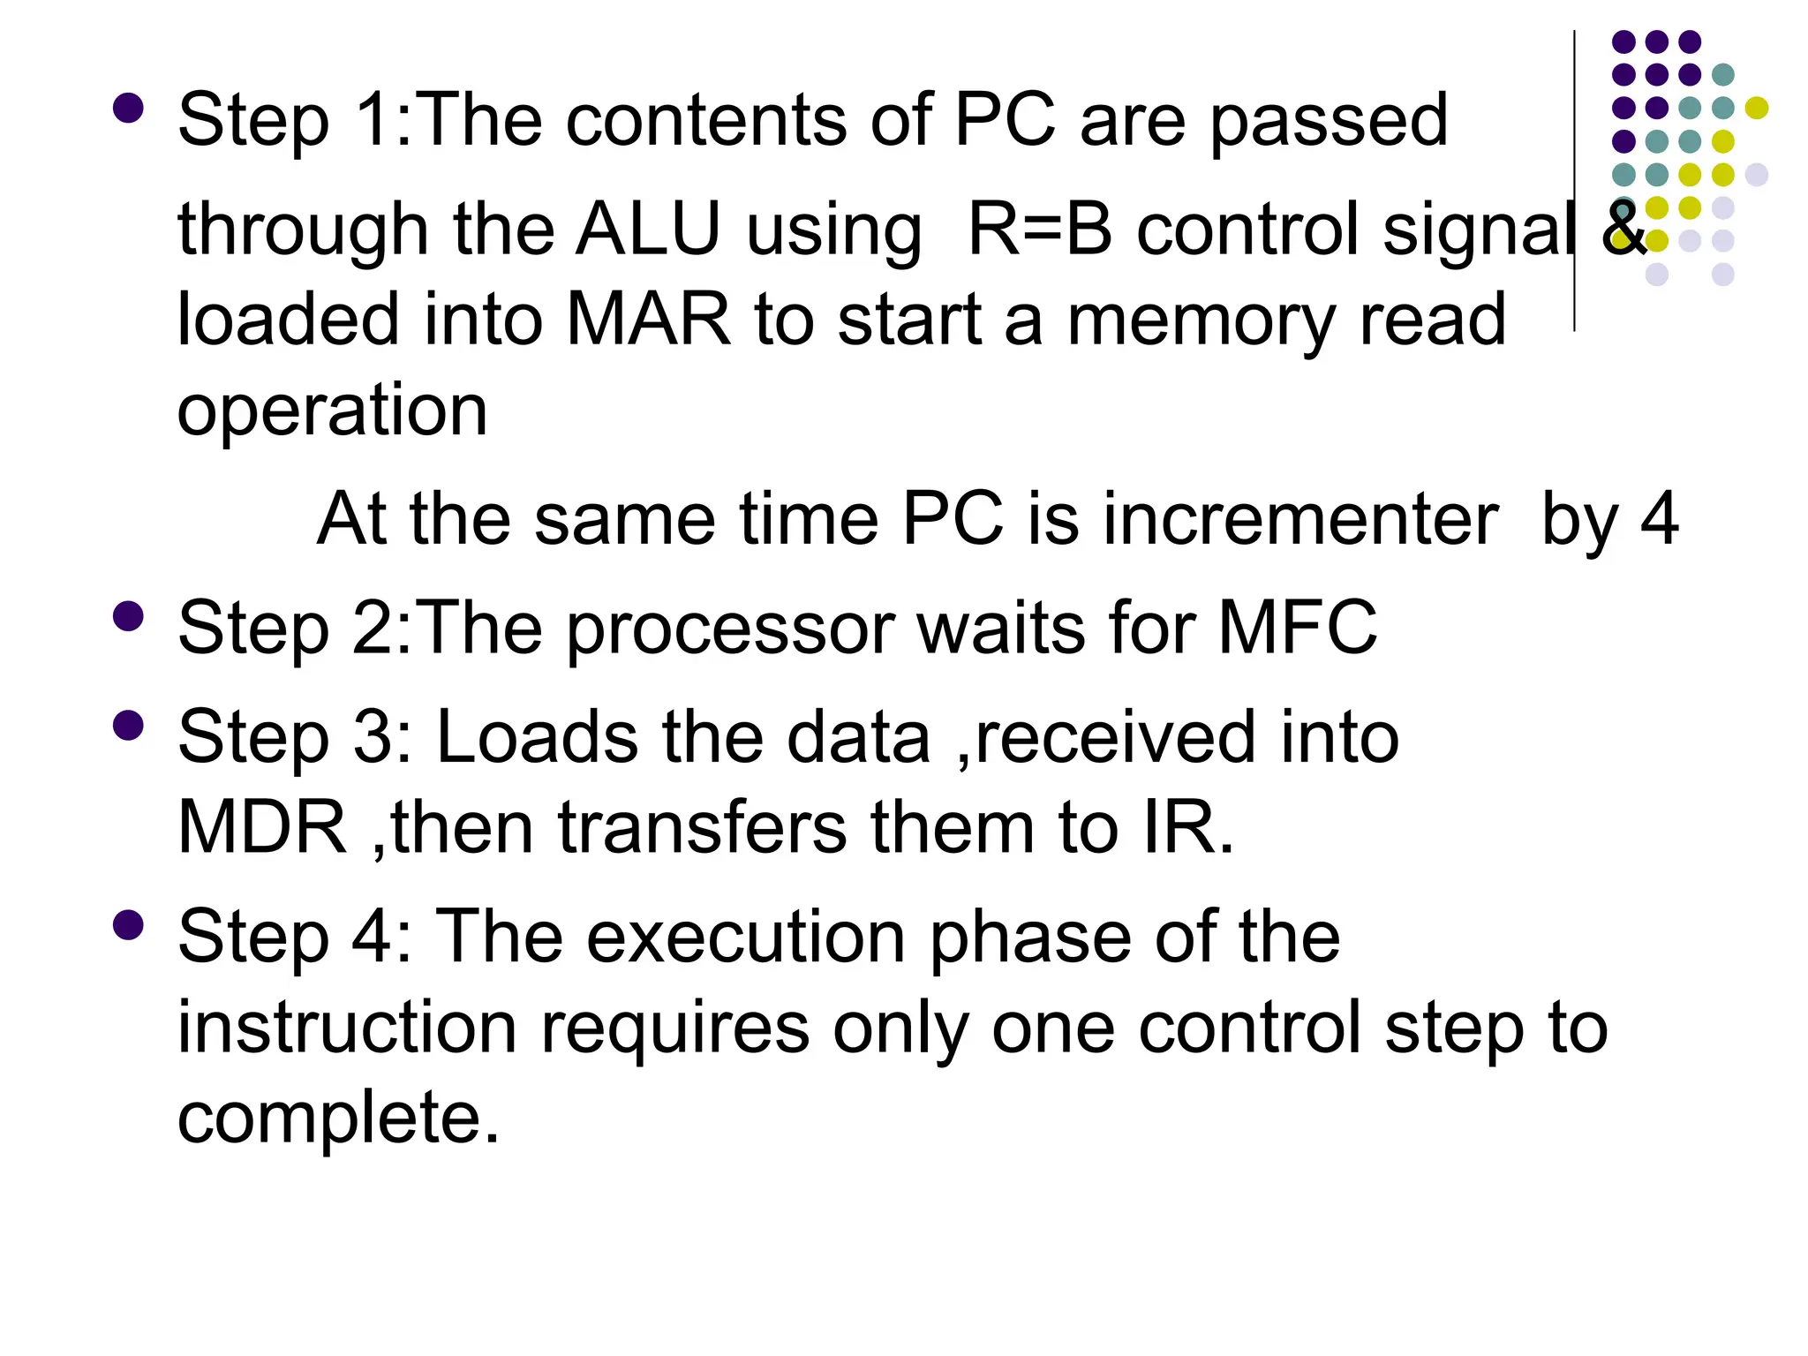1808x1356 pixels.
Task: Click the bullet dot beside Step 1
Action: pos(129,108)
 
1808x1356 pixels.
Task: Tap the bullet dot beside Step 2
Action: pos(129,616)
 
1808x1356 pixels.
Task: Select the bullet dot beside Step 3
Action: pos(129,726)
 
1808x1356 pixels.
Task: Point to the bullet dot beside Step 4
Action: pos(129,925)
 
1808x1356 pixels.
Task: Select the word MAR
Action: pos(648,320)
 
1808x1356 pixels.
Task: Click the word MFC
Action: pos(1297,628)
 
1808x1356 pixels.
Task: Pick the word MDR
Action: pos(262,828)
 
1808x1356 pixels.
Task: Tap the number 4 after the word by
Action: pos(1659,519)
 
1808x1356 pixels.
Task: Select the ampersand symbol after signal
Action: pos(1623,228)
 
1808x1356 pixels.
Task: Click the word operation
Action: pos(332,411)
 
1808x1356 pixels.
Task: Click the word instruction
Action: pos(347,1028)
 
